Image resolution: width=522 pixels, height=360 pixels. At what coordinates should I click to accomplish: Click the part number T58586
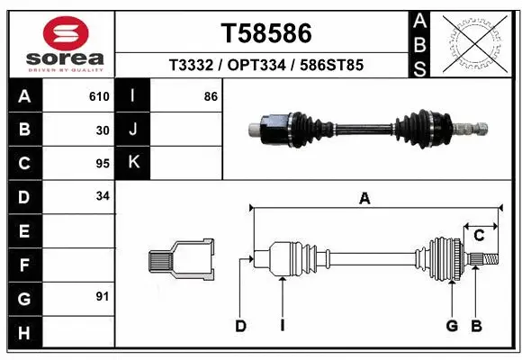[x=266, y=33]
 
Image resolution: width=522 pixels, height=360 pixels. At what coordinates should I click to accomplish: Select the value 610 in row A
[x=99, y=96]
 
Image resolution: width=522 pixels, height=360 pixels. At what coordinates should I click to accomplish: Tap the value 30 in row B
[x=103, y=130]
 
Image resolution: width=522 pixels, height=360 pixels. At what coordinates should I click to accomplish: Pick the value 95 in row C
[x=103, y=164]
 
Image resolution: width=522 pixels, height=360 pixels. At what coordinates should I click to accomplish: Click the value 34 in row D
[x=103, y=196]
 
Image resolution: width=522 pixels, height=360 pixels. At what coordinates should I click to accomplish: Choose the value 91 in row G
[x=103, y=296]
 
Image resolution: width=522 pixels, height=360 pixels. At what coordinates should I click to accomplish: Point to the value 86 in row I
[x=211, y=96]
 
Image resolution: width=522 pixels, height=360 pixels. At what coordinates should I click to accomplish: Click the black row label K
[x=132, y=163]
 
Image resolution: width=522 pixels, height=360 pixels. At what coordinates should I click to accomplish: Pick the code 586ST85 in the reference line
[x=332, y=66]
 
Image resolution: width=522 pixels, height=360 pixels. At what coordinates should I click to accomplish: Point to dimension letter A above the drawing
[x=364, y=200]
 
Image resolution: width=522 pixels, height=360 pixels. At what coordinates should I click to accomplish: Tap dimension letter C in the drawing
[x=479, y=236]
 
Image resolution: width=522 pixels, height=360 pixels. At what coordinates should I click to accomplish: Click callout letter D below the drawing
[x=241, y=326]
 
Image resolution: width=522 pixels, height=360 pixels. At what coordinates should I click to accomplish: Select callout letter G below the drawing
[x=452, y=326]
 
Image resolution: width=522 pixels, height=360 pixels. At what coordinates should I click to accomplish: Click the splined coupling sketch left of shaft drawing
[x=181, y=260]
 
